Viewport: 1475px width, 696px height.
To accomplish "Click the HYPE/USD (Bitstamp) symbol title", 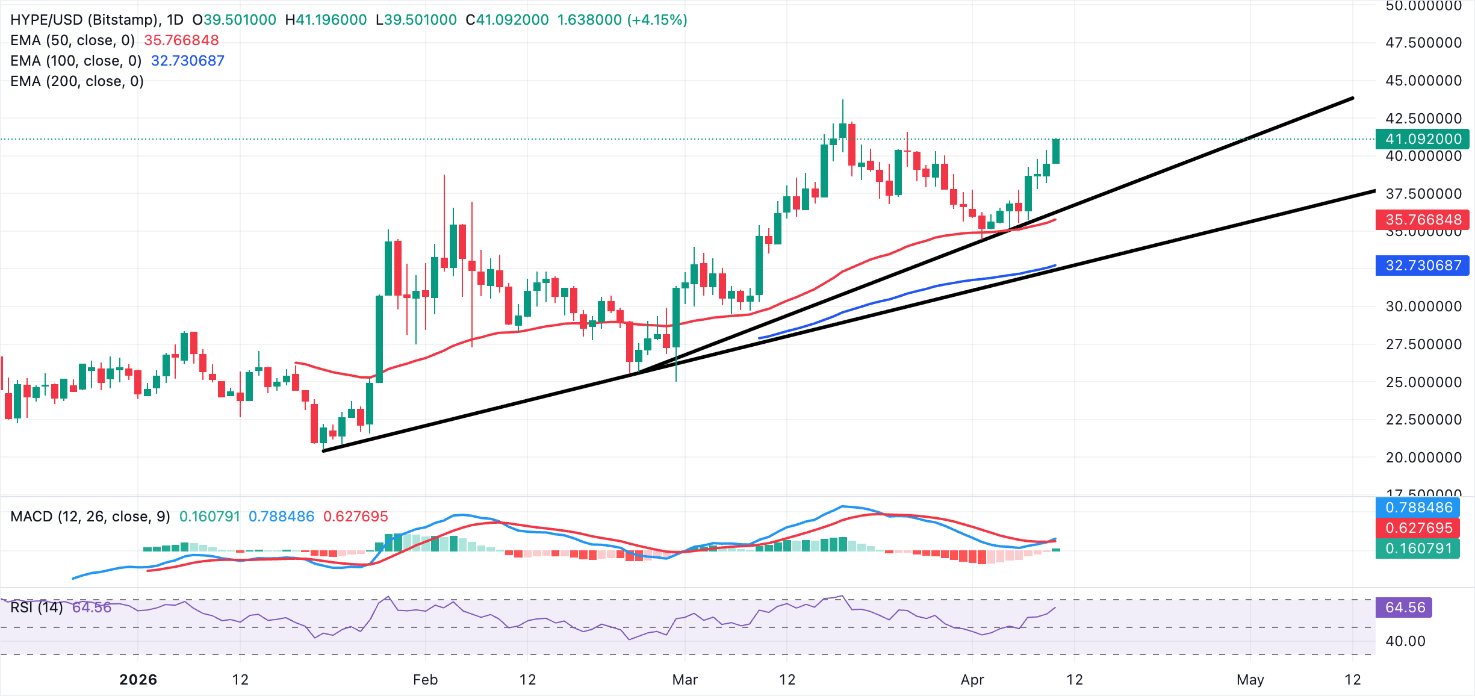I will (x=84, y=20).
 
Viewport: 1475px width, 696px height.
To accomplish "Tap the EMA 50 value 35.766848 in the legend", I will (x=181, y=40).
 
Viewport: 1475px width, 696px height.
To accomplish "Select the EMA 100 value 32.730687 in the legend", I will (x=187, y=61).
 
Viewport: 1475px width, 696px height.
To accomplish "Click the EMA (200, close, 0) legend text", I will (x=77, y=81).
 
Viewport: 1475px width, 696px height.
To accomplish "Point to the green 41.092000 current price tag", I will (x=1422, y=139).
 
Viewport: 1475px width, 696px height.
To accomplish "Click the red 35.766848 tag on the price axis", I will (x=1422, y=220).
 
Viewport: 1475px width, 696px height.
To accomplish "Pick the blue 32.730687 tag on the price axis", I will (x=1422, y=266).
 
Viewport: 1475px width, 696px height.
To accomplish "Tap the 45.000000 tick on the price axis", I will (x=1423, y=81).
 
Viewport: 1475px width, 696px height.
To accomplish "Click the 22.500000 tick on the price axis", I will (x=1423, y=420).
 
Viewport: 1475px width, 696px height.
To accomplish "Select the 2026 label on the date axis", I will (x=138, y=680).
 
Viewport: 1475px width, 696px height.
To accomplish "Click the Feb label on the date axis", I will (x=425, y=680).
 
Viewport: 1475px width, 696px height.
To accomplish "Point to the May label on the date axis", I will (x=1250, y=680).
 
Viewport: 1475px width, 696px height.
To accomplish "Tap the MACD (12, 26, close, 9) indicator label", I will (x=90, y=517).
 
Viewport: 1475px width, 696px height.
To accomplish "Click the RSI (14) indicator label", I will (x=37, y=607).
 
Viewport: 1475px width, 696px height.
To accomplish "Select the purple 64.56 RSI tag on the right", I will (x=1404, y=607).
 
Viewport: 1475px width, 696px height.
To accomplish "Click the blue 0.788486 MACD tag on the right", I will (x=1418, y=508).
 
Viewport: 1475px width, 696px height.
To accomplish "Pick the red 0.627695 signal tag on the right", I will (x=1418, y=528).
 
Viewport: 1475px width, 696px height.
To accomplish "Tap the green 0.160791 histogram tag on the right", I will (x=1418, y=548).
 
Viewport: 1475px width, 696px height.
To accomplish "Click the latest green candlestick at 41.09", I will (x=1056, y=151).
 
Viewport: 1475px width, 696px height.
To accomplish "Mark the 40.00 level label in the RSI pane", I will (x=1405, y=641).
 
